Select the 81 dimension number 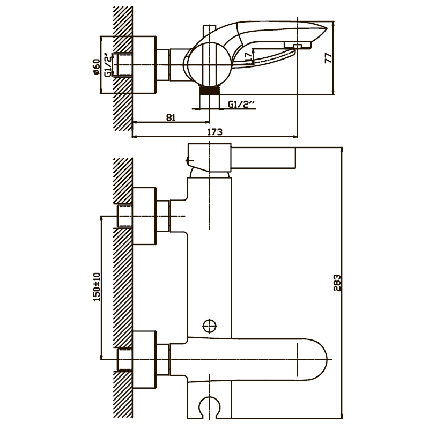(x=172, y=118)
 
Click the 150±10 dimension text (x=96, y=287)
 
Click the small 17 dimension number (x=248, y=55)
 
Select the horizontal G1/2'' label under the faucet (x=240, y=105)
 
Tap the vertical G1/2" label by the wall (x=108, y=65)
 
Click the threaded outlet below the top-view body (x=209, y=91)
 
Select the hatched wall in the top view (x=123, y=64)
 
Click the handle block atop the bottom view (x=210, y=159)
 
